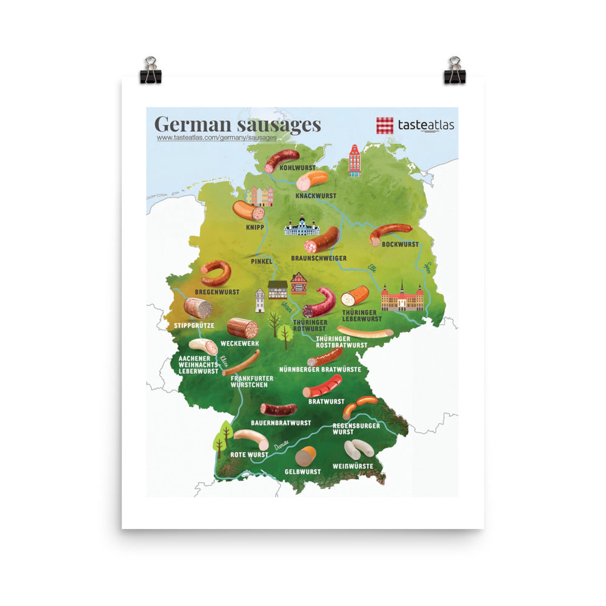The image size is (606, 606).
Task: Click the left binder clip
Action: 150,70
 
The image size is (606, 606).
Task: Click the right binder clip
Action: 454,70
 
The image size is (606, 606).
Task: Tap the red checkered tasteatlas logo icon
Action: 385,125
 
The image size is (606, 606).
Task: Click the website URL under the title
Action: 216,138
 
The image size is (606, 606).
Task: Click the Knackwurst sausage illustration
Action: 312,179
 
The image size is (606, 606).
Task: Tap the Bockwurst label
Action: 400,244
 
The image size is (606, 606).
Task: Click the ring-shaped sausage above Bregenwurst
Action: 216,273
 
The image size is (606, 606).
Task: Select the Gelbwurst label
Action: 302,471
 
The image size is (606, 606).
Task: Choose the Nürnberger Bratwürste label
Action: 320,369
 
